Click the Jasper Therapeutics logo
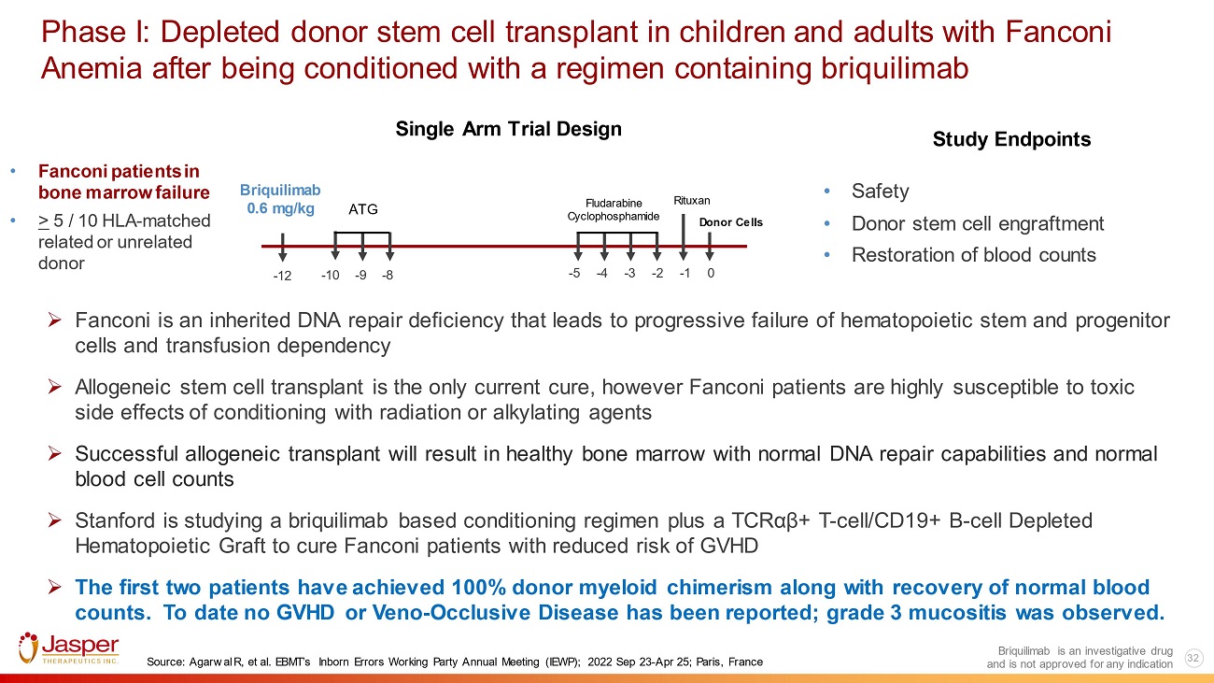click(x=69, y=648)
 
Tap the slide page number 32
click(x=1193, y=658)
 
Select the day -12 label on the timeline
click(x=282, y=276)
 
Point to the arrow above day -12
click(x=282, y=248)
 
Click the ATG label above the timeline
click(x=363, y=209)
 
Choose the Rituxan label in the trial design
click(x=692, y=201)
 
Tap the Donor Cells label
click(x=730, y=222)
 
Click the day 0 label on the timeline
click(x=711, y=273)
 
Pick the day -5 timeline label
click(x=574, y=273)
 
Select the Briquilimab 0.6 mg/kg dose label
click(x=280, y=199)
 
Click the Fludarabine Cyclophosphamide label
click(x=614, y=210)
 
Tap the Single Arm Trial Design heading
click(x=508, y=129)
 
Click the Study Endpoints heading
click(x=1011, y=139)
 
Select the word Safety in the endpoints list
click(x=880, y=192)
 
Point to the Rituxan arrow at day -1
click(x=684, y=237)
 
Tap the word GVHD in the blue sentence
click(x=305, y=613)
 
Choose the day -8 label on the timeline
click(x=387, y=276)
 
